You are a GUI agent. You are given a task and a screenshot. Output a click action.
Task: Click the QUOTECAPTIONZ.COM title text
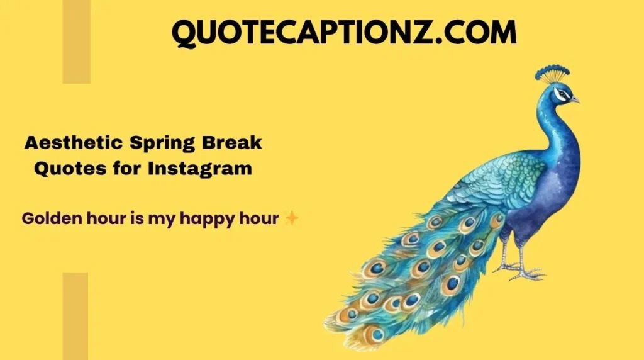point(344,32)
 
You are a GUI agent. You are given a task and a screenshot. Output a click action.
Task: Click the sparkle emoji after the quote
point(291,218)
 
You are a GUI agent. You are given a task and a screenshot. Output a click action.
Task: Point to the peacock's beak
point(575,99)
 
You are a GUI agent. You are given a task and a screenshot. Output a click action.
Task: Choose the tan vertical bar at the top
point(76,42)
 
